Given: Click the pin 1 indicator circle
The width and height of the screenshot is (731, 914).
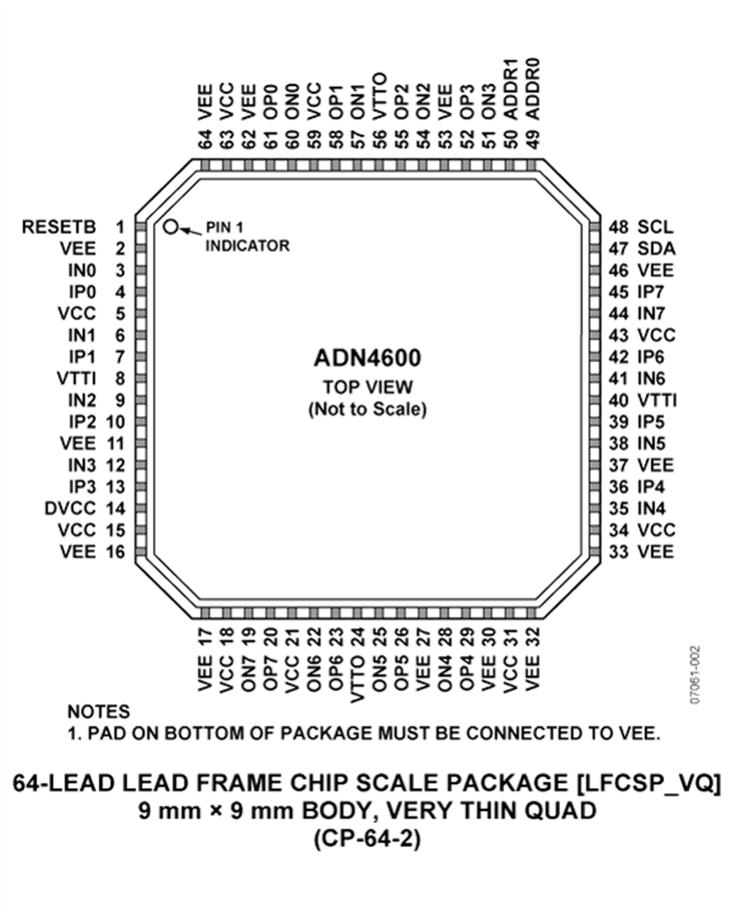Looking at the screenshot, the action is click(x=171, y=227).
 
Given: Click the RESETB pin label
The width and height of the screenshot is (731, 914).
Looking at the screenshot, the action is click(x=58, y=227).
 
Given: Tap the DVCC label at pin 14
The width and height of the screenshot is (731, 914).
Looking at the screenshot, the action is click(x=70, y=509).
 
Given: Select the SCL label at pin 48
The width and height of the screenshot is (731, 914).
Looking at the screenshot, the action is click(x=655, y=227).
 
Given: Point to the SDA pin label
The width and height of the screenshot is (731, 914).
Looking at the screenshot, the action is click(x=656, y=249).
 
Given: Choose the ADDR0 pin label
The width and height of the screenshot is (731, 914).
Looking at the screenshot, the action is click(x=533, y=89).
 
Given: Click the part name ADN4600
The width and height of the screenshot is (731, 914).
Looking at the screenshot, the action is click(x=367, y=358).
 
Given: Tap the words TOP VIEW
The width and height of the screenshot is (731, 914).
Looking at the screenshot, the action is click(x=368, y=387).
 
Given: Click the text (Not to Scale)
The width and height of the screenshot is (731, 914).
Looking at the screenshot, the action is click(x=368, y=409).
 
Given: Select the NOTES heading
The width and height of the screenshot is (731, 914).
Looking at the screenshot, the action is click(x=99, y=712).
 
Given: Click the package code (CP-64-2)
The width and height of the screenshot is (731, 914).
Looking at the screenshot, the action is click(x=367, y=839).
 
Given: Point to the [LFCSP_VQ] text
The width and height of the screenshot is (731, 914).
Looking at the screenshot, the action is click(x=648, y=783).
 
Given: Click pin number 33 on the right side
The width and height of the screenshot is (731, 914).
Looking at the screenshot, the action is click(x=619, y=552).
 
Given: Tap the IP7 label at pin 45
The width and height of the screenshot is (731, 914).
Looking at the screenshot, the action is click(x=651, y=292).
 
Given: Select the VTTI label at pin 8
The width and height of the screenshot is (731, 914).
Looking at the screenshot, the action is click(x=76, y=379).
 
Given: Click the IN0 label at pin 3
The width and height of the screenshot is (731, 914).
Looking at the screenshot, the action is click(x=82, y=271).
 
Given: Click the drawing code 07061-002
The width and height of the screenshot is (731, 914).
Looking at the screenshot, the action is click(x=694, y=674).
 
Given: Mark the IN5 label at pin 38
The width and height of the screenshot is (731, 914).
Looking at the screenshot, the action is click(x=651, y=444).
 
